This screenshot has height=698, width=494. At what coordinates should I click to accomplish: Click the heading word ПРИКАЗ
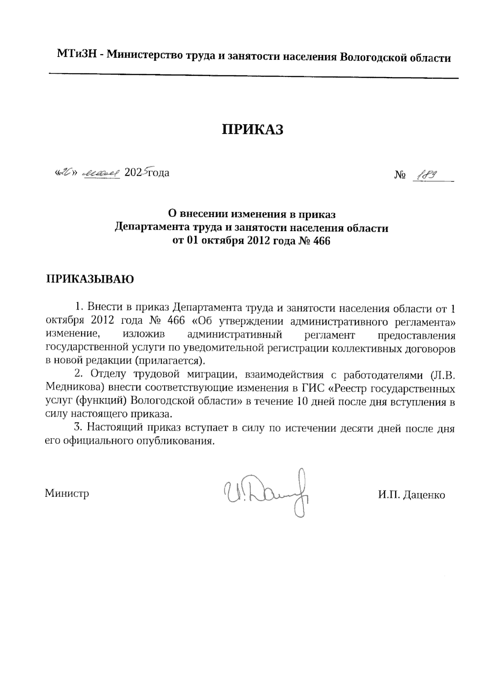[x=253, y=129]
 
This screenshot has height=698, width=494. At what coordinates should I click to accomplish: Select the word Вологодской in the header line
[x=370, y=57]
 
